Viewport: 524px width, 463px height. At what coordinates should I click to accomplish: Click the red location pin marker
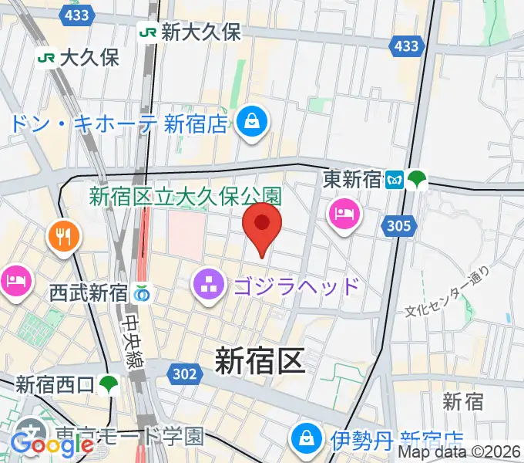(x=262, y=225)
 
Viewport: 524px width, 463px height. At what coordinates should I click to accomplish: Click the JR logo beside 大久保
(x=46, y=56)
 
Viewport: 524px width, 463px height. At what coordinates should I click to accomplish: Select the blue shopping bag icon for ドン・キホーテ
(x=251, y=121)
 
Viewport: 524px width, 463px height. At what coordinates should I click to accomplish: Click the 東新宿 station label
(x=352, y=180)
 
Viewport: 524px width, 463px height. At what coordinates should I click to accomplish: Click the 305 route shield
(x=398, y=226)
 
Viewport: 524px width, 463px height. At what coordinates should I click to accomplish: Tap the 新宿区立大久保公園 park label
(x=186, y=197)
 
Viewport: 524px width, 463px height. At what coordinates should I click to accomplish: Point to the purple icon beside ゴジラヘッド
(x=207, y=286)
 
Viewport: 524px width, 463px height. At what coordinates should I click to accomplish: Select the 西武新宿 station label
(x=88, y=293)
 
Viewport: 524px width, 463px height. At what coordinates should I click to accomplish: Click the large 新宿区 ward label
(x=260, y=360)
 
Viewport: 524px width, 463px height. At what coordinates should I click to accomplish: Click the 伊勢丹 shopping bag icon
(x=307, y=438)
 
